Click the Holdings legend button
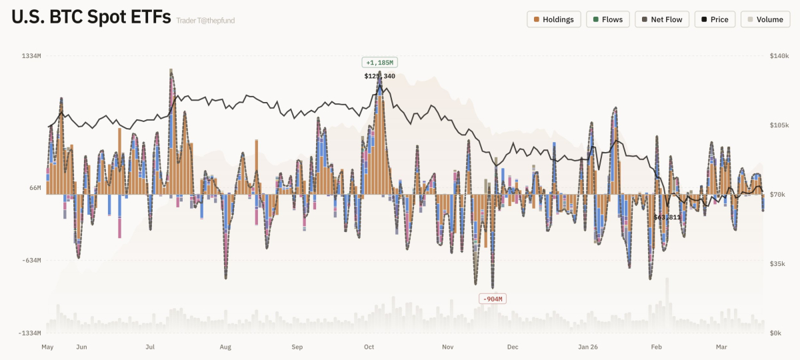tap(554, 19)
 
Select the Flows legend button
tap(607, 19)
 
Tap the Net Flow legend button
tap(662, 19)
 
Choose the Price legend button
tap(715, 19)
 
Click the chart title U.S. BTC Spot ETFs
tap(91, 17)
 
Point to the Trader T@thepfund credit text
tap(205, 21)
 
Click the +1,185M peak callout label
tap(379, 63)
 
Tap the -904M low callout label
tap(493, 298)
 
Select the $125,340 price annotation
tap(379, 76)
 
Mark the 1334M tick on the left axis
tap(31, 56)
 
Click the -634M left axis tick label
tap(31, 261)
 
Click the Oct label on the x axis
tap(369, 347)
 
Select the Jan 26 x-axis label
tap(588, 347)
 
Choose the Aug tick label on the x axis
tap(225, 347)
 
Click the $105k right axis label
tap(779, 125)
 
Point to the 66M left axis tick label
tap(35, 188)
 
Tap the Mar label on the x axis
tap(721, 347)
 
